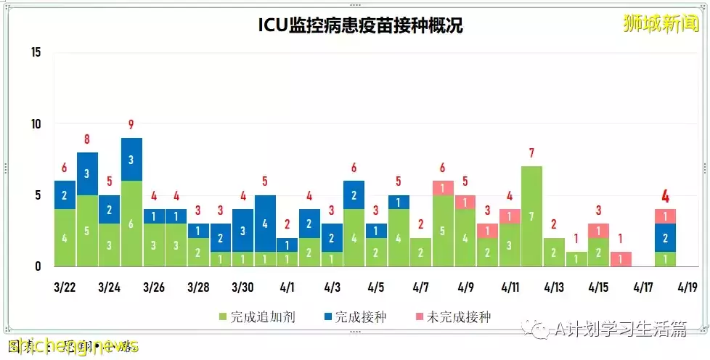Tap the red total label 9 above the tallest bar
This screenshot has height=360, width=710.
pos(131,124)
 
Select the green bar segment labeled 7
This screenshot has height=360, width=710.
pos(532,216)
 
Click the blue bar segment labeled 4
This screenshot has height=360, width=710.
pos(265,223)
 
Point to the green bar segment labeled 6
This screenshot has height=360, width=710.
pos(131,224)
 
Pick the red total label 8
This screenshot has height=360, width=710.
pos(87,139)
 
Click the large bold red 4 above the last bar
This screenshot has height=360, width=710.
pos(665,196)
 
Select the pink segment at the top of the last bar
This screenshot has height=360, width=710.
pos(665,216)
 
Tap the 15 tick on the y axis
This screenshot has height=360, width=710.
pos(36,52)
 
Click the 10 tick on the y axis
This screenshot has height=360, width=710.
pos(36,124)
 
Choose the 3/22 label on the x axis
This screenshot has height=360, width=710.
pos(65,287)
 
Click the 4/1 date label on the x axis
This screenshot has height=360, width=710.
pos(287,287)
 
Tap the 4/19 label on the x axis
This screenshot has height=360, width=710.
pos(687,287)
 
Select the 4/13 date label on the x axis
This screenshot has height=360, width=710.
pos(554,287)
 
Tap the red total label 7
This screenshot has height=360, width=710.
pos(532,153)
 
